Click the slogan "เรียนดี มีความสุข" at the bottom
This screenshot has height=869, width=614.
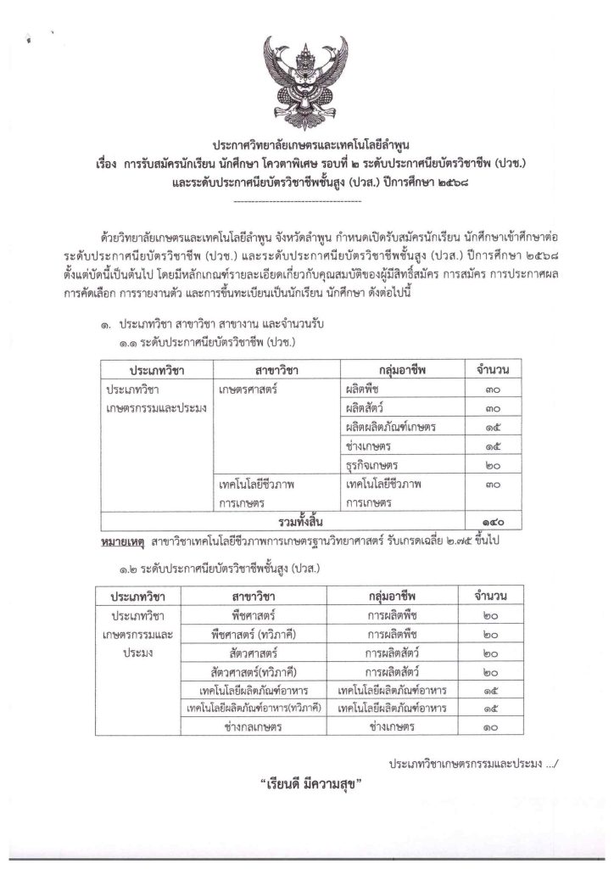306,785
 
